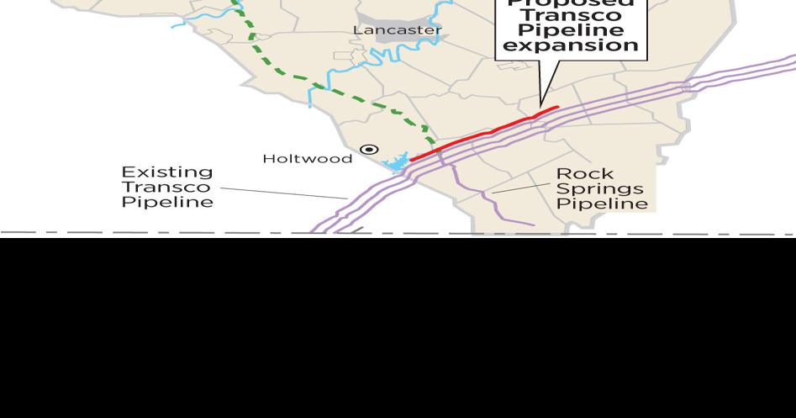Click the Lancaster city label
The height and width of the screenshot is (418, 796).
[x=397, y=30]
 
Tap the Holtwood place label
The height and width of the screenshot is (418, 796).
[x=307, y=158]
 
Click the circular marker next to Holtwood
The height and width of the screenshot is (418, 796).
[x=369, y=150]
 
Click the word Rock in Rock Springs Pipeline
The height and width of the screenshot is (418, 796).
[x=585, y=174]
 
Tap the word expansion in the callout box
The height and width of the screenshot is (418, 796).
[x=571, y=45]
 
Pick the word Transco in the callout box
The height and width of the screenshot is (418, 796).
[x=571, y=16]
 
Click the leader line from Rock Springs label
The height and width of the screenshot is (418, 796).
[x=521, y=188]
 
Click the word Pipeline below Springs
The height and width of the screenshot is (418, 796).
[x=602, y=204]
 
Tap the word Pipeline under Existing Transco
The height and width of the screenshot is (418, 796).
[x=167, y=202]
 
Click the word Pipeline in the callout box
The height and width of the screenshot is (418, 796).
[x=571, y=31]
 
